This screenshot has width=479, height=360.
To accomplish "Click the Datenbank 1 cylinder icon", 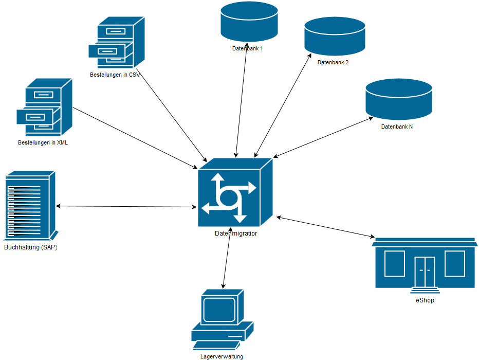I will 249,22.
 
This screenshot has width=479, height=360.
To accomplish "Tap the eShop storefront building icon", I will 425,264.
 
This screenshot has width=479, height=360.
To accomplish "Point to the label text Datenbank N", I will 397,127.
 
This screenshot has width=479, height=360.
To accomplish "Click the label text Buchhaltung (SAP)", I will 30,248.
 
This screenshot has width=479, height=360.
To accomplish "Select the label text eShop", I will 425,300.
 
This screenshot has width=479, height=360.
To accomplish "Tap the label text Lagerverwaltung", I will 222,356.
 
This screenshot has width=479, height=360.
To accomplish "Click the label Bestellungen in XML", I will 43,142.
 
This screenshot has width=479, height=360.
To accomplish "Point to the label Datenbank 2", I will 333,63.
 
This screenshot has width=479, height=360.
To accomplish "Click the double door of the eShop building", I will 425,272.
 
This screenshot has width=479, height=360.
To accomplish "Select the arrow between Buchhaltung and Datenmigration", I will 126,206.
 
